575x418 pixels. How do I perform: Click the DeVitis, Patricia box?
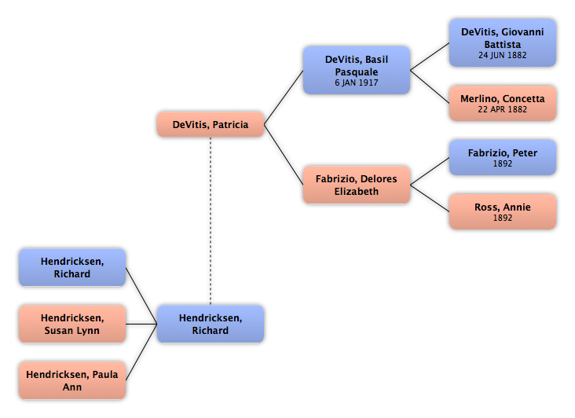click(x=211, y=125)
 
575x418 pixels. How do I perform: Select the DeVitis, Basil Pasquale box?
click(x=357, y=71)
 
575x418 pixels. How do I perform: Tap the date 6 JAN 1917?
click(x=357, y=82)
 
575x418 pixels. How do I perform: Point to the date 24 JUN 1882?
click(x=503, y=55)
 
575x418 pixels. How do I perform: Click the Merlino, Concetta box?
click(x=503, y=104)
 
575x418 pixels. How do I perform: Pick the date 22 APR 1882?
click(x=503, y=109)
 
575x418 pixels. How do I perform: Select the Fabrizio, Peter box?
click(x=503, y=157)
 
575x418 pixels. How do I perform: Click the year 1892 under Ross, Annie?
click(x=503, y=218)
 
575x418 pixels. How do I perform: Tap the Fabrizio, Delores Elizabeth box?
click(x=357, y=185)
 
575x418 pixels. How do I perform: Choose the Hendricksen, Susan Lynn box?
click(x=72, y=324)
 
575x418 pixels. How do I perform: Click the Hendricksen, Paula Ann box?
click(x=72, y=380)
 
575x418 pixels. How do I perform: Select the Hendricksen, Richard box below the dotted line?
click(x=211, y=324)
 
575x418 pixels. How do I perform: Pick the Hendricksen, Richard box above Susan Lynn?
click(x=72, y=267)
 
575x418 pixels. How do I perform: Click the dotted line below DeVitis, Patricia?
click(x=211, y=221)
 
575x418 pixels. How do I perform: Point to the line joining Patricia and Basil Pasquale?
click(x=284, y=97)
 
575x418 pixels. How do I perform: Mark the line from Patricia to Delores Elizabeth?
click(x=284, y=155)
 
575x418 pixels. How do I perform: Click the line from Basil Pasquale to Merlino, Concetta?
click(x=430, y=87)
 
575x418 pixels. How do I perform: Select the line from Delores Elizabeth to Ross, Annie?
click(x=430, y=198)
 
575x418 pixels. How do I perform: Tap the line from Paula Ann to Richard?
click(x=141, y=352)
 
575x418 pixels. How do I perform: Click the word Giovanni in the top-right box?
click(x=522, y=32)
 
